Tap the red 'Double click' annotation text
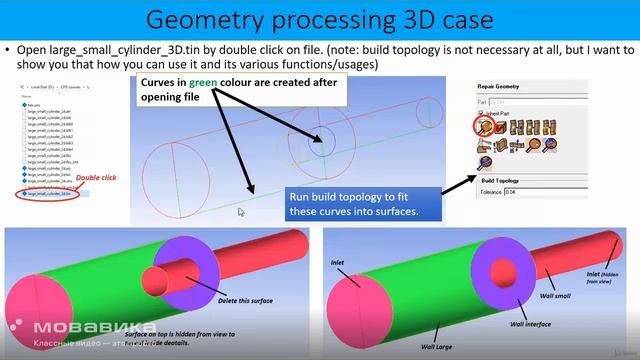pos(98,176)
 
